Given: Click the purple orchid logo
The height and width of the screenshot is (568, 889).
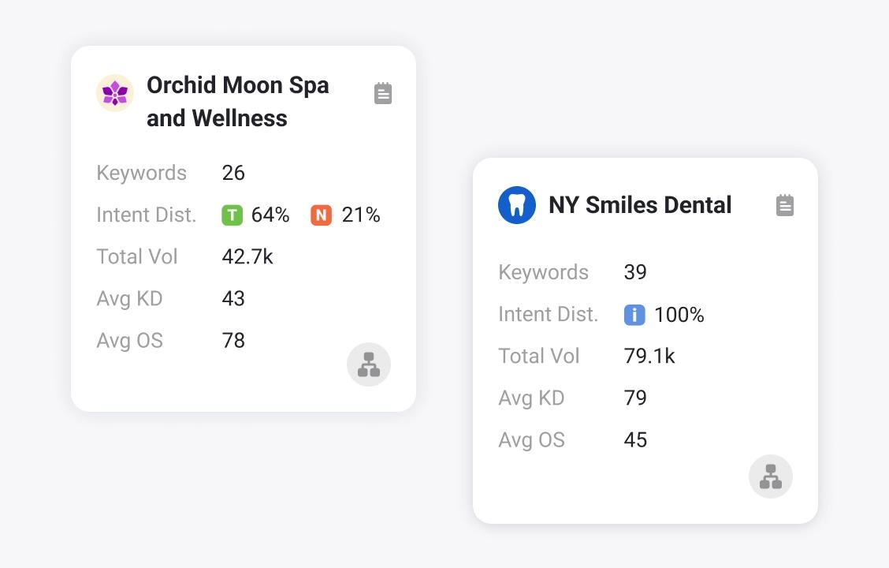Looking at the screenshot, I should [115, 93].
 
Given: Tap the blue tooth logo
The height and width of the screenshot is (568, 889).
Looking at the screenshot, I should [517, 205].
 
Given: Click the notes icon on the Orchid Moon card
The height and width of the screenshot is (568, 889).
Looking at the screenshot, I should [383, 93].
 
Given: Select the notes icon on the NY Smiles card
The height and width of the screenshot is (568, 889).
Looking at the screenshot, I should [785, 205].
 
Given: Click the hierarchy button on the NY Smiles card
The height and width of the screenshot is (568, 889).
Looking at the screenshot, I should [771, 476].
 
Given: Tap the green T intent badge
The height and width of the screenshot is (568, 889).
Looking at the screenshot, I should [232, 215].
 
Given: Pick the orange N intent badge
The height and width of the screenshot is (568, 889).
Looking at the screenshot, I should [321, 215].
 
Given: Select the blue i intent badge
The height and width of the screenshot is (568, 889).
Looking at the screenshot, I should [634, 315].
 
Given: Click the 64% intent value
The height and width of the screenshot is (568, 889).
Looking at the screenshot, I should [270, 215].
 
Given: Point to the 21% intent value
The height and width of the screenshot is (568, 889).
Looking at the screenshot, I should [361, 215].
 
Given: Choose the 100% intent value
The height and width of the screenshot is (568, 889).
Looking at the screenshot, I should [679, 315].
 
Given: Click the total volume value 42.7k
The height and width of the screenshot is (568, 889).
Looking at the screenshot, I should [247, 257].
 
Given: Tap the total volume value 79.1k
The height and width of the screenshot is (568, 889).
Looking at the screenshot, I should [649, 357].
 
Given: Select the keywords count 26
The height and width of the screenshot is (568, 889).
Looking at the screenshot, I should [233, 174].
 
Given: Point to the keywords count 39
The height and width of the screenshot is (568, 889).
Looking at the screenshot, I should [635, 273].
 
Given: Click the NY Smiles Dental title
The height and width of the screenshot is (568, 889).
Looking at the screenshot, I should [640, 205].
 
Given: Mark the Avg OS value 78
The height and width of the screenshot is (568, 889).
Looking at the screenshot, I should [233, 341].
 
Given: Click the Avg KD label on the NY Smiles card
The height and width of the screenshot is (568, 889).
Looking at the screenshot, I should [531, 398].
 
